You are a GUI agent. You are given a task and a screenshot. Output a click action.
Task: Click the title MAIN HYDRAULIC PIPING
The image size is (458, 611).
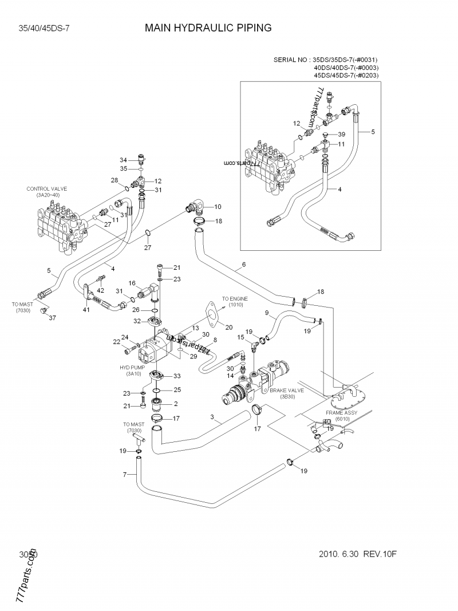[x=208, y=27]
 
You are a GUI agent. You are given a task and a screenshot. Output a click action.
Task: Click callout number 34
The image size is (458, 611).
[x=123, y=160]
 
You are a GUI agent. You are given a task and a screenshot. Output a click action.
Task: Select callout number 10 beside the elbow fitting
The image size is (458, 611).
[x=218, y=206]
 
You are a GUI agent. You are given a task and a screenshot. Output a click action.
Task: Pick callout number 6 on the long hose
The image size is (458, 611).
[x=244, y=265]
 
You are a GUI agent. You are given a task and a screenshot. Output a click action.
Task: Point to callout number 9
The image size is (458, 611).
[x=266, y=312]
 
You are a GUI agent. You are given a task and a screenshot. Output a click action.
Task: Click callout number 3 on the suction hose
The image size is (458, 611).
[x=212, y=417]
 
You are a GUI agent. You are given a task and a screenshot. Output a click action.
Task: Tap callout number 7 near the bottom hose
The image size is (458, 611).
[x=124, y=474]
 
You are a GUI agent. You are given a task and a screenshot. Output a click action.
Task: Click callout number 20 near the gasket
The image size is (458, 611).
[x=229, y=328]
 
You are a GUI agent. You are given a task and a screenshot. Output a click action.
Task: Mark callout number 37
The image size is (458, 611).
[x=52, y=318]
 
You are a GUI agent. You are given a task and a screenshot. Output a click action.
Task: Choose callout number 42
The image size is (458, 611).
[x=101, y=290]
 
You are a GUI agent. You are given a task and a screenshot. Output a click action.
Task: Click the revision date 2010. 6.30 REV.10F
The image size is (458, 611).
[x=358, y=555]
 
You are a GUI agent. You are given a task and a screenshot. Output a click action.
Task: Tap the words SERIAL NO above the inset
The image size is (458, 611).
[x=290, y=60]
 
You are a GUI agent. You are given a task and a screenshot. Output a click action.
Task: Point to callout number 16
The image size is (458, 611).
[x=131, y=283]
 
